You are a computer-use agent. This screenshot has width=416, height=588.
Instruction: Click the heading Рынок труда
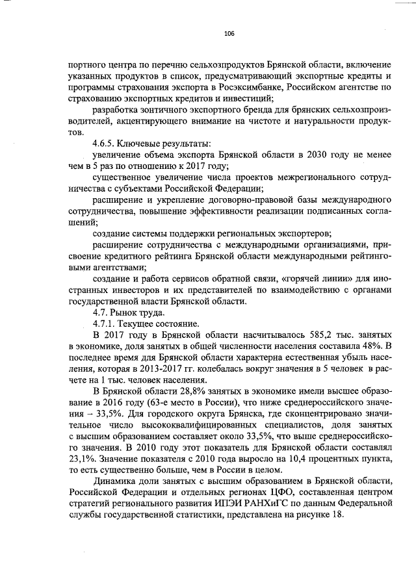pos(138,312)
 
